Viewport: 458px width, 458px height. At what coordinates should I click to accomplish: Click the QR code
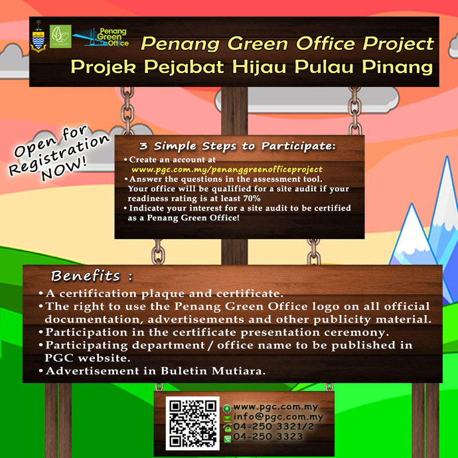click(x=192, y=423)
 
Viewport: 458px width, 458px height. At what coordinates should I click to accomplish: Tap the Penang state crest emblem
click(x=38, y=37)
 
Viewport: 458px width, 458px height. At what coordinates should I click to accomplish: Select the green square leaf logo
click(x=60, y=37)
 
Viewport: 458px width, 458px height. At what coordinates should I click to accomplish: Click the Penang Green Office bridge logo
click(x=101, y=37)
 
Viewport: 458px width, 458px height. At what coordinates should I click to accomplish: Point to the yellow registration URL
click(x=227, y=169)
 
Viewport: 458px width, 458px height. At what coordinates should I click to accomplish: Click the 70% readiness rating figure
click(x=252, y=198)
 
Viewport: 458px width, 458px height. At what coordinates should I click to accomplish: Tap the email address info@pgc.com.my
click(x=278, y=417)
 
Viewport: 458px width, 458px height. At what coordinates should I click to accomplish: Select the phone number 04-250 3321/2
click(x=273, y=426)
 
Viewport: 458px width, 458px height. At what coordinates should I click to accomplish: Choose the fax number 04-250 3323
click(x=268, y=436)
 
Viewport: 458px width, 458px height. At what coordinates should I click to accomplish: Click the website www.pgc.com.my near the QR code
click(x=275, y=407)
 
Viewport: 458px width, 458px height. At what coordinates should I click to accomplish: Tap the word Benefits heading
click(x=86, y=275)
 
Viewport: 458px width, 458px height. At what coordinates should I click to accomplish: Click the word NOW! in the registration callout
click(x=64, y=169)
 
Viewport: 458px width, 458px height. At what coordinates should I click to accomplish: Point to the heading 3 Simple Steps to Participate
click(x=238, y=146)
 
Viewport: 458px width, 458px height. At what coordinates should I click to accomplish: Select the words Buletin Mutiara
click(x=213, y=371)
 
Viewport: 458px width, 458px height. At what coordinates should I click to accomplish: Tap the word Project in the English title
click(x=398, y=44)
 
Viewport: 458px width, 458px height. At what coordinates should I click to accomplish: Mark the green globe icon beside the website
click(x=227, y=409)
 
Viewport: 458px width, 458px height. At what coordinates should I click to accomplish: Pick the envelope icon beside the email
click(x=227, y=419)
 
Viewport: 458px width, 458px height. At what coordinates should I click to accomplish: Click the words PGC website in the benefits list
click(x=88, y=358)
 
